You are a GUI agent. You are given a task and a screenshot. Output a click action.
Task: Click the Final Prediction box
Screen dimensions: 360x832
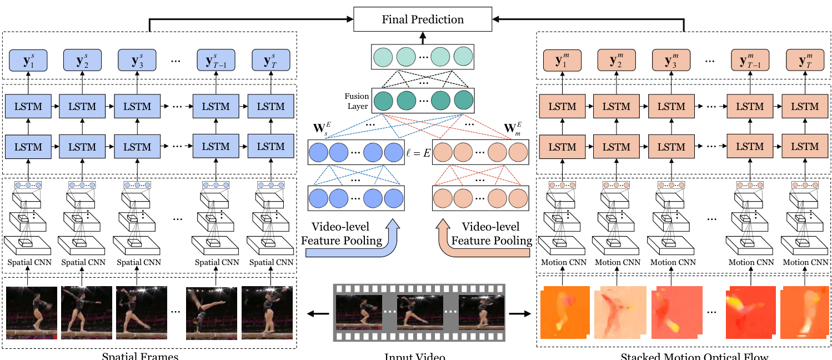(x=423, y=20)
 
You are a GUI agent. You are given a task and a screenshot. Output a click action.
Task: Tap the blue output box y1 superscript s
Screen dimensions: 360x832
(x=28, y=59)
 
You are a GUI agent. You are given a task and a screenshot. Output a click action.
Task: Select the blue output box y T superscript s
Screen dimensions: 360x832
(x=271, y=59)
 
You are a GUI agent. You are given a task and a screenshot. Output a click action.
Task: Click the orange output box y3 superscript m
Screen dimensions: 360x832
(x=671, y=59)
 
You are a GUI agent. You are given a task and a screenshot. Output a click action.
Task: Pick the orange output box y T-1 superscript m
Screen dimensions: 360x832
(x=750, y=59)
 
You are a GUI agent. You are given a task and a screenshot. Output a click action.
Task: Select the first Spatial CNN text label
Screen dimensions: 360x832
(x=28, y=262)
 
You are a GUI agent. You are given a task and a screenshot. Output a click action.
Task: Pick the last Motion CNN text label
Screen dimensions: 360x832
(x=804, y=262)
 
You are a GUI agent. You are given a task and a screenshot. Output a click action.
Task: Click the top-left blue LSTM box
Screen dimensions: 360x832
(x=28, y=106)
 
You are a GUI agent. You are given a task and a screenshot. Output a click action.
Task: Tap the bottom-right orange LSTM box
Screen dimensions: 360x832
(x=804, y=147)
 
